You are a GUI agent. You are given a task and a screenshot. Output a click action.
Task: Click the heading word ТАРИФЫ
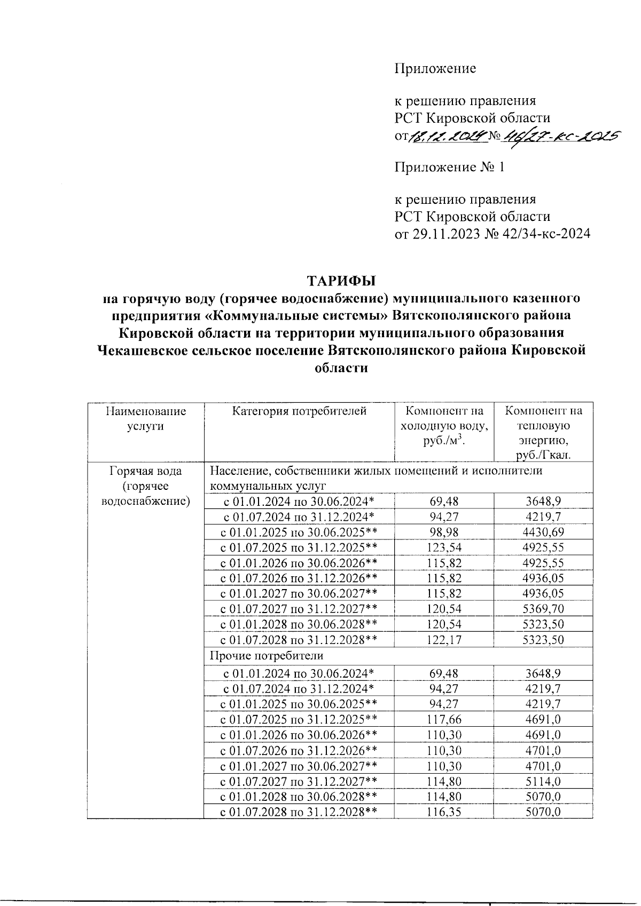tap(341, 281)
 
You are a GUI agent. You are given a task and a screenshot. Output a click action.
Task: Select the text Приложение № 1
tap(449, 168)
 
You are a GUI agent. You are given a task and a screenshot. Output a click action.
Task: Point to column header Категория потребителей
tap(299, 411)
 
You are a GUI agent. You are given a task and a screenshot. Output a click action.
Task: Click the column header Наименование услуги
tap(146, 418)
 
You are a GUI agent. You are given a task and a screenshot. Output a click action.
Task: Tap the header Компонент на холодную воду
tap(444, 426)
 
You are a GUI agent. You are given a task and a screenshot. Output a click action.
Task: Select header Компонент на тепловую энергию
tap(543, 433)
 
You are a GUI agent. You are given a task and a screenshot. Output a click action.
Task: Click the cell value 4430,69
tap(543, 532)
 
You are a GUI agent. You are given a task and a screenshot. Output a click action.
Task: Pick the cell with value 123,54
tap(444, 547)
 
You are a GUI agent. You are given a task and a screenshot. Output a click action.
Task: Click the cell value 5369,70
tap(543, 609)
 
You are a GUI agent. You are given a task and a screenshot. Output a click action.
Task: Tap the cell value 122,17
tap(444, 640)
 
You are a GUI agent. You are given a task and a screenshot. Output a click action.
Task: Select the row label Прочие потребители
tap(266, 655)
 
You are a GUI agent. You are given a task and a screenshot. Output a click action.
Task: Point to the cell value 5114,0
tap(543, 781)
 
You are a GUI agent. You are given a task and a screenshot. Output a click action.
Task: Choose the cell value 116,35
tap(444, 812)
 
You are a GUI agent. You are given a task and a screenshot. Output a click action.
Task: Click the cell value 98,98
tap(444, 532)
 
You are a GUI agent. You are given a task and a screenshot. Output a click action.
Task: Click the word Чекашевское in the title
tap(150, 351)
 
